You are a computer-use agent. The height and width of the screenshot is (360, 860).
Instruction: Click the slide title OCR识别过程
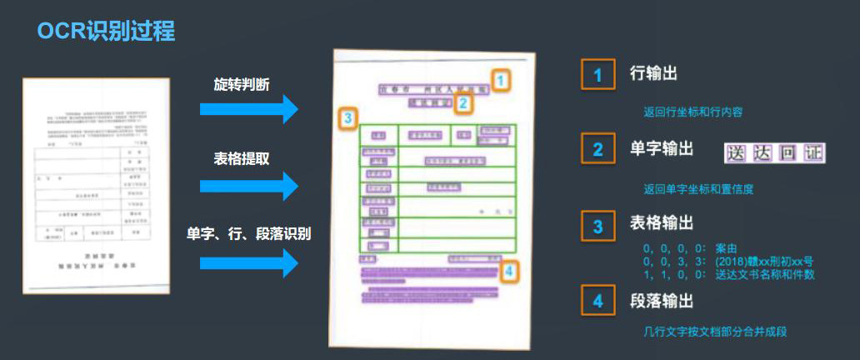(106, 32)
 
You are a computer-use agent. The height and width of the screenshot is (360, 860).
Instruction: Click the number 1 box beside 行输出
(597, 75)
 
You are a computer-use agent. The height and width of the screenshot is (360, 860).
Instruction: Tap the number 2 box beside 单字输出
(597, 150)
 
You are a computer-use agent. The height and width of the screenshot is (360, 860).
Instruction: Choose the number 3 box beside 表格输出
(597, 226)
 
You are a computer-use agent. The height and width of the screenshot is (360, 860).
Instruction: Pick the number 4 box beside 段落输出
(597, 302)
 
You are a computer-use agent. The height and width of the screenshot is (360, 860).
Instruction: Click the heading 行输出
(653, 73)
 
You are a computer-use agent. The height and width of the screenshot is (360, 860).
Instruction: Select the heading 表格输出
(662, 224)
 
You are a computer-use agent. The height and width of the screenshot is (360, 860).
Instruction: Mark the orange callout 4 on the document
(509, 270)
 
